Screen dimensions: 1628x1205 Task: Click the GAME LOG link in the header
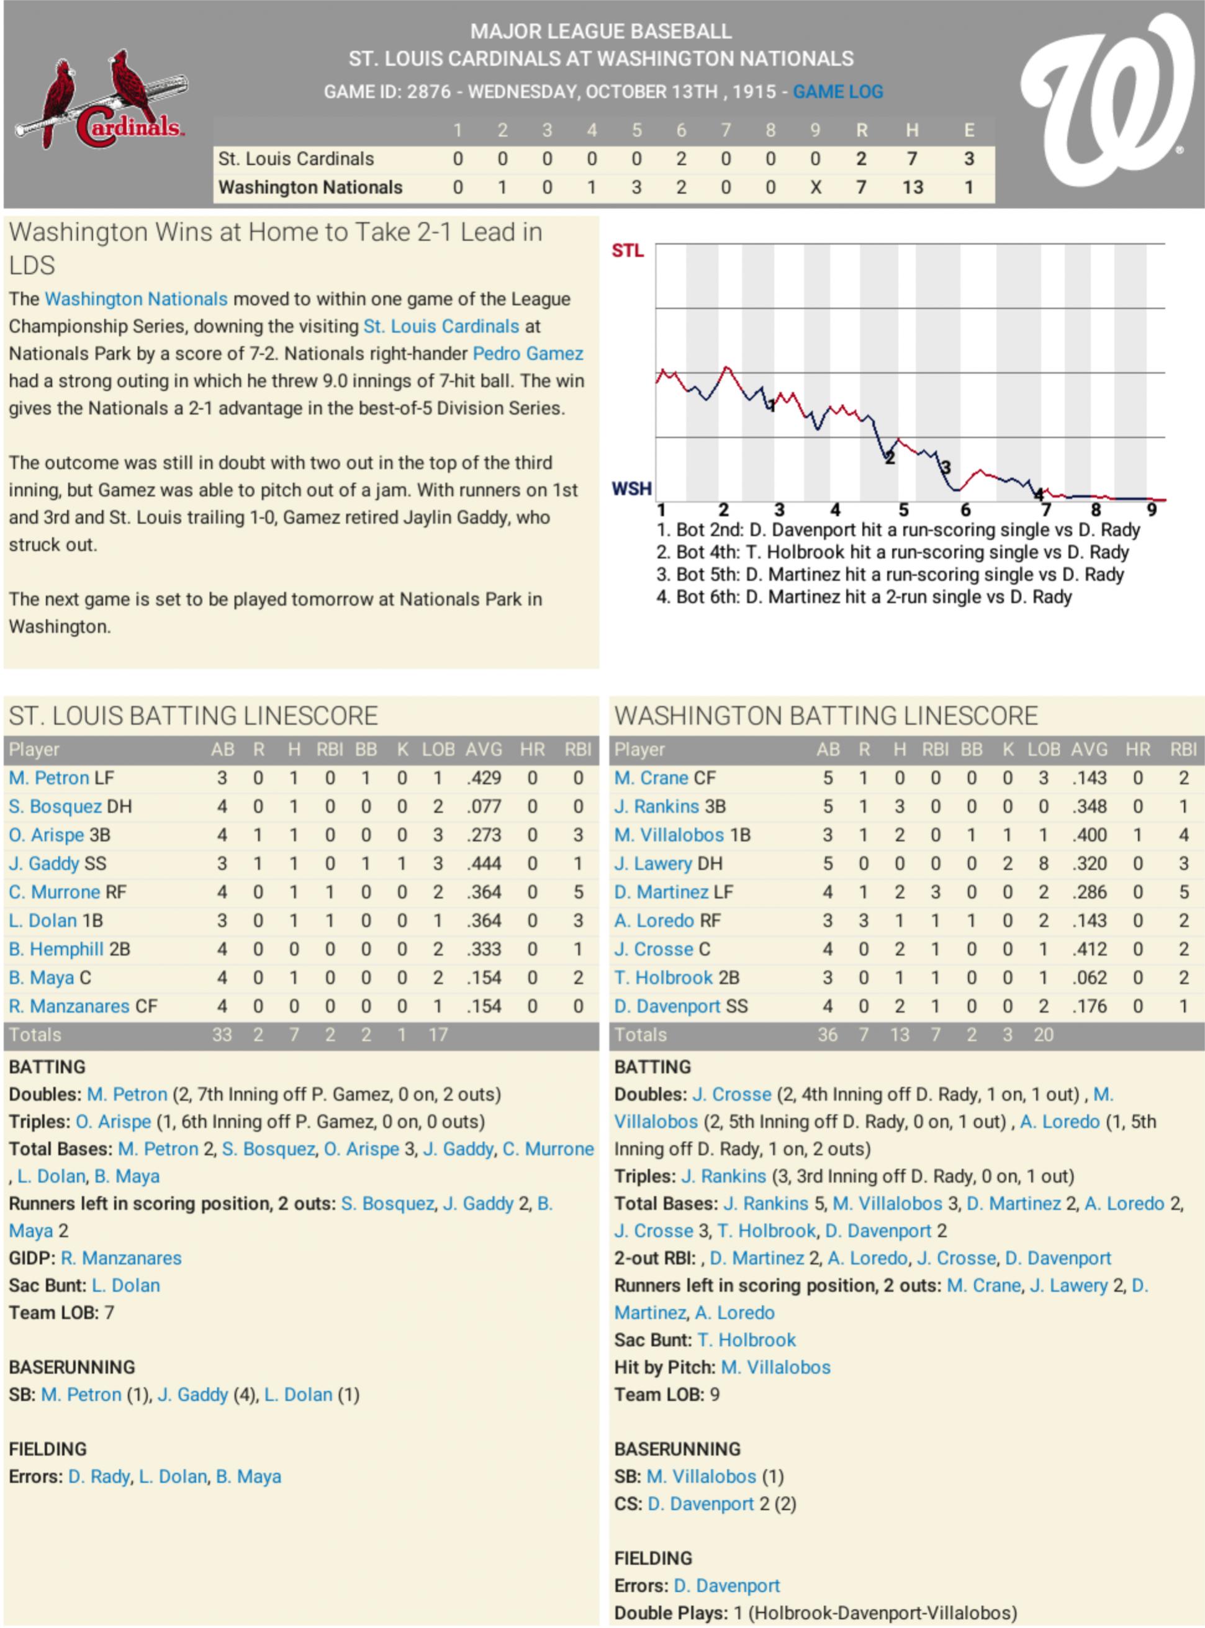point(837,92)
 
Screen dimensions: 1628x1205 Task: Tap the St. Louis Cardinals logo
point(100,102)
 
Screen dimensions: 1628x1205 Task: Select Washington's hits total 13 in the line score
point(912,187)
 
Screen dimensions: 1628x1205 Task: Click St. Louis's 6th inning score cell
point(680,159)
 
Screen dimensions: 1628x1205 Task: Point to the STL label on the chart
point(627,251)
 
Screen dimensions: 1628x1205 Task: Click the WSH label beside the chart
point(631,488)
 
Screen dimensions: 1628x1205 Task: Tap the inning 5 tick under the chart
point(903,510)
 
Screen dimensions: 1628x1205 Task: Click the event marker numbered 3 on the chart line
point(946,467)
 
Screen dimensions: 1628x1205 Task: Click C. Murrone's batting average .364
point(483,893)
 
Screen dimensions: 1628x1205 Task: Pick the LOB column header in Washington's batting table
point(1043,750)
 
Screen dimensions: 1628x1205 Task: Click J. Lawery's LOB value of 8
point(1043,864)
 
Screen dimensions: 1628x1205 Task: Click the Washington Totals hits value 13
point(900,1035)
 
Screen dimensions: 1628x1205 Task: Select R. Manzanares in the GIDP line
point(121,1257)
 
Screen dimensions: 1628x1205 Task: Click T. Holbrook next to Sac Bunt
point(746,1339)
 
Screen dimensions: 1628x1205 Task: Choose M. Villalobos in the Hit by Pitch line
point(775,1367)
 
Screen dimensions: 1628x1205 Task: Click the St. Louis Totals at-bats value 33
point(222,1035)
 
